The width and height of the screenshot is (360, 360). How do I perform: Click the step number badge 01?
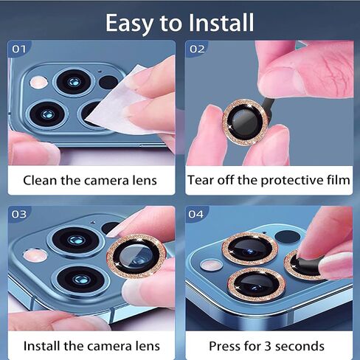click(x=19, y=49)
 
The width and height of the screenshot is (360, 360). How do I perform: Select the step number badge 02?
click(x=197, y=49)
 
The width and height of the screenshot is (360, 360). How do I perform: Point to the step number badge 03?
click(x=19, y=215)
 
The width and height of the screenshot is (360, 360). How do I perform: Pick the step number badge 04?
click(x=197, y=215)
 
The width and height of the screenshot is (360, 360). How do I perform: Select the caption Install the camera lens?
click(x=91, y=345)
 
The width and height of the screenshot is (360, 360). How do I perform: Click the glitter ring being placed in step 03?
click(x=135, y=254)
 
